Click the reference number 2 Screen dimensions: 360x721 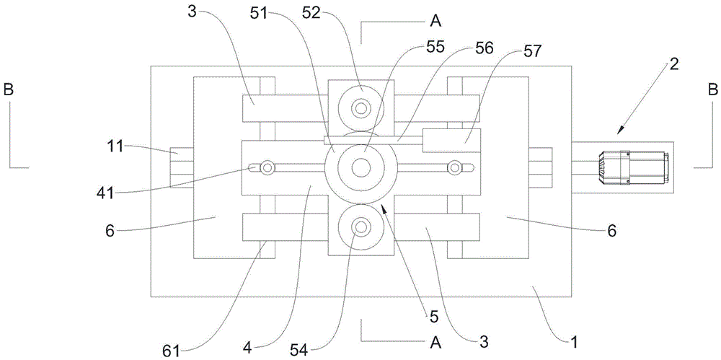pyautogui.click(x=673, y=63)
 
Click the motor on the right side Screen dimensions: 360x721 pyautogui.click(x=632, y=167)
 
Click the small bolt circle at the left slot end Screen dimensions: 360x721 pyautogui.click(x=268, y=168)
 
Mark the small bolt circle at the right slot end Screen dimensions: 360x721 pyautogui.click(x=454, y=168)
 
